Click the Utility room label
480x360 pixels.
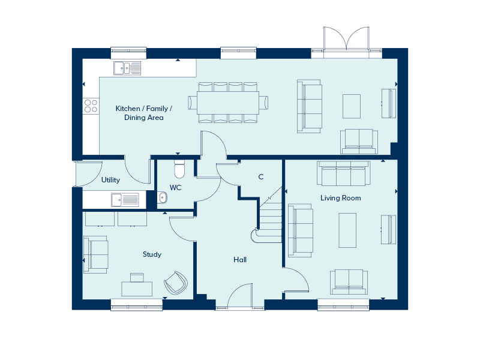pyautogui.click(x=110, y=180)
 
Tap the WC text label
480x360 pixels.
pyautogui.click(x=175, y=188)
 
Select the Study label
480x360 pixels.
pyautogui.click(x=152, y=254)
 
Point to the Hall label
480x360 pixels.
pyautogui.click(x=240, y=260)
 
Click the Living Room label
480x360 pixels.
pyautogui.click(x=340, y=198)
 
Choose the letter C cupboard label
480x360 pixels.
pyautogui.click(x=260, y=177)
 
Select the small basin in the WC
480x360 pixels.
pyautogui.click(x=163, y=197)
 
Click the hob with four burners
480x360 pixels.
pyautogui.click(x=91, y=106)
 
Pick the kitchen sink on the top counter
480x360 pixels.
pyautogui.click(x=127, y=68)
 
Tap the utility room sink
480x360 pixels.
pyautogui.click(x=124, y=199)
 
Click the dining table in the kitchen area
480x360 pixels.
pyautogui.click(x=228, y=102)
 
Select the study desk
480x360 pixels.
pyautogui.click(x=137, y=288)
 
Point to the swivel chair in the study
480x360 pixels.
pyautogui.click(x=175, y=282)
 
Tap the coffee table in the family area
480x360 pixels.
pyautogui.click(x=352, y=106)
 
